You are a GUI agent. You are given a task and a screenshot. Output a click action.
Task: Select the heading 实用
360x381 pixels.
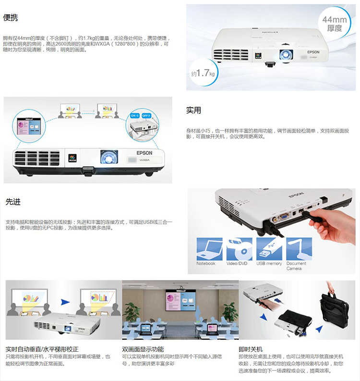pos(193,110)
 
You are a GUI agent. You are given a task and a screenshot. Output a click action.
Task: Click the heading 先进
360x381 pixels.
pos(13,202)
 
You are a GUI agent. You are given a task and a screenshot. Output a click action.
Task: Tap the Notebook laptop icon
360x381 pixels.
pos(209,248)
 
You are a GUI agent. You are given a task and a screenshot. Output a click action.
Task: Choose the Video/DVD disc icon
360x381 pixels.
pos(240,248)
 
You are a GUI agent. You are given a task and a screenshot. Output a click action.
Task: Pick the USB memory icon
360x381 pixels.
pos(269,248)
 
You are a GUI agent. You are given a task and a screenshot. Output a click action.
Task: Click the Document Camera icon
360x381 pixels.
pos(299,248)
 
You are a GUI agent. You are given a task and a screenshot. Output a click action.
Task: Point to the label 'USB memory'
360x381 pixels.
pos(269,263)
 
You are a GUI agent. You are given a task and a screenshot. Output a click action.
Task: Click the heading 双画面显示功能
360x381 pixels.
pos(143,349)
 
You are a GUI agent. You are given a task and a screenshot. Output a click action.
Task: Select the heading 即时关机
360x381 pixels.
pos(251,349)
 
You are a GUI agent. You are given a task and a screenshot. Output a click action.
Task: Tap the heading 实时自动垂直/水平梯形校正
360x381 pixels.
pos(42,349)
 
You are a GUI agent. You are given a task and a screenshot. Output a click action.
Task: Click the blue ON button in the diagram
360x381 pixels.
pos(134,115)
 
